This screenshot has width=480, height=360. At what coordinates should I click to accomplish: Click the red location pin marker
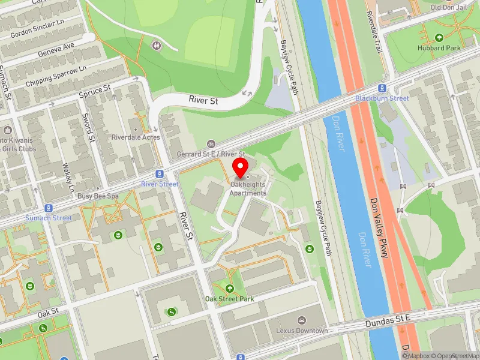[241, 168]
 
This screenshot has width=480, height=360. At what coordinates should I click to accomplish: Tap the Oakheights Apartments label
[248, 189]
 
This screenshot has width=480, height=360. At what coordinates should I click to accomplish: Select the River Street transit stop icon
[160, 174]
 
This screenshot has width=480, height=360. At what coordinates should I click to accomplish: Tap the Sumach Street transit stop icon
[49, 208]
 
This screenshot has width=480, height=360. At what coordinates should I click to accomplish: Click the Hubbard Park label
[439, 47]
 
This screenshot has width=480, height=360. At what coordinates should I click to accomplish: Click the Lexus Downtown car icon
[302, 321]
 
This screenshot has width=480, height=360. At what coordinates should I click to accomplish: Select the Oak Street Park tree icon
[230, 289]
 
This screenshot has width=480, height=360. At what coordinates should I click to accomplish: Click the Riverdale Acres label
[136, 137]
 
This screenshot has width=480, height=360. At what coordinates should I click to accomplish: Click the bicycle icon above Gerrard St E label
[211, 144]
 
